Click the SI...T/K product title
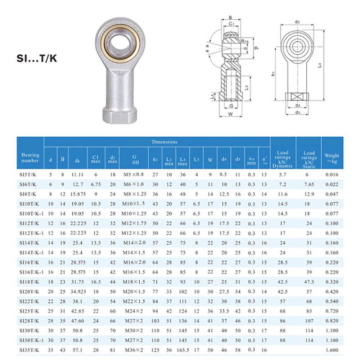pos(37,58)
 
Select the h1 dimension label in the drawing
pos(274,73)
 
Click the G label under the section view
pos(231,106)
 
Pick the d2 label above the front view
pos(297,22)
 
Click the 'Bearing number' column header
pos(30,158)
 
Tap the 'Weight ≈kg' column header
pos(332,158)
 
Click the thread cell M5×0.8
pos(133,175)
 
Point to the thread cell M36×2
pos(134,350)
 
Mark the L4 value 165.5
pos(183,350)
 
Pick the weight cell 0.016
pos(332,175)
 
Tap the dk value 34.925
pos(77,291)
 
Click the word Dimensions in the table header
pos(164,142)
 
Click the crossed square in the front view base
pos(297,96)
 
